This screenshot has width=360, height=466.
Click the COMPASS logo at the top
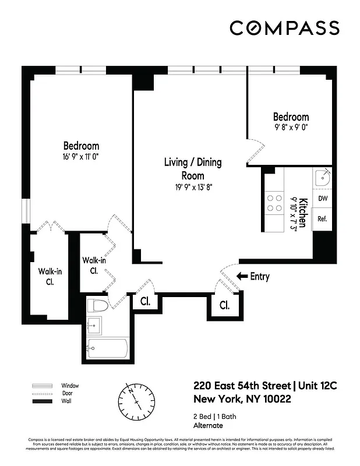click(284, 27)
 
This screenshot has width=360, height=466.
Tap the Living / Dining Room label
click(192, 168)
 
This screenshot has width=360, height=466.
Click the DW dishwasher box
click(322, 199)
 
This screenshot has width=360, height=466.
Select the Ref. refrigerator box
click(322, 219)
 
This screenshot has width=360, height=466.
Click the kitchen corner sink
click(322, 178)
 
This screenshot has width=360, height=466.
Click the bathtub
click(108, 349)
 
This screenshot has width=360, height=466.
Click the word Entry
click(259, 277)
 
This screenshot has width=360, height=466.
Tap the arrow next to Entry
click(242, 277)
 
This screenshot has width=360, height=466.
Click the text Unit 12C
click(320, 386)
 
